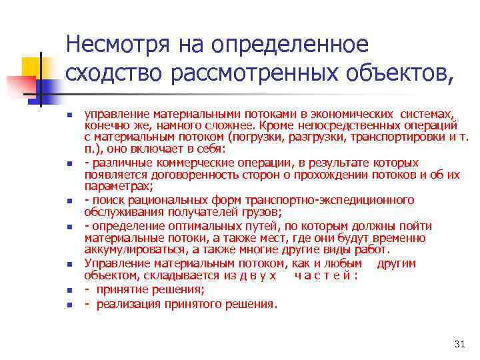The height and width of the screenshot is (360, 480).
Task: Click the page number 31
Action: pos(459,344)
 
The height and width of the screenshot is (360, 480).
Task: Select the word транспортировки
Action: pos(397,137)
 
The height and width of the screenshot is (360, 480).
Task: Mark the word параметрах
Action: pos(110,187)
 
